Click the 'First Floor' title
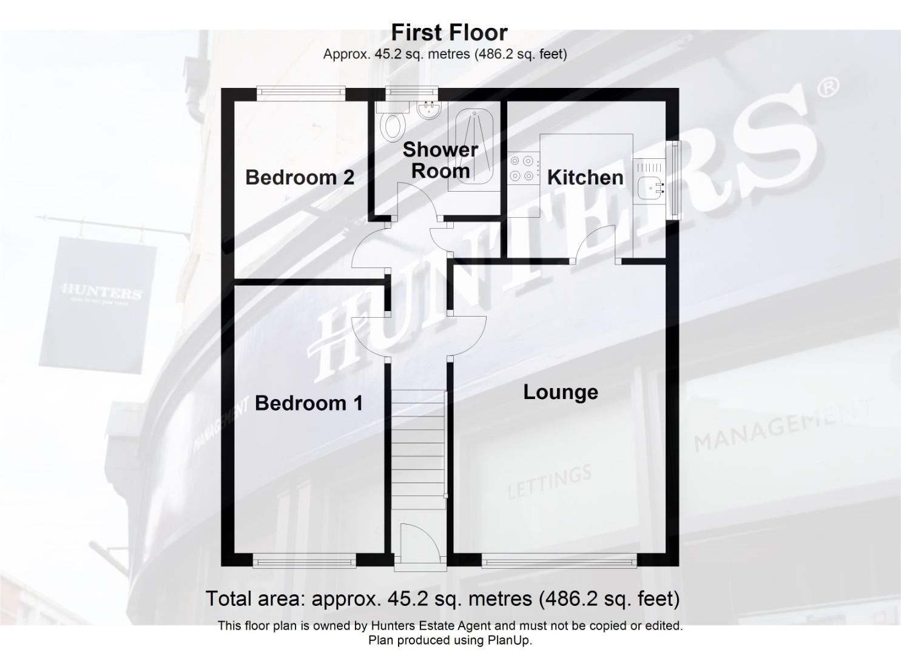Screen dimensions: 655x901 (449, 32)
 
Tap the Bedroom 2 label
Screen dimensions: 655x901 (300, 177)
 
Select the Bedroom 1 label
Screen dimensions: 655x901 (308, 403)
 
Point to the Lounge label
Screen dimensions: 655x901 (561, 392)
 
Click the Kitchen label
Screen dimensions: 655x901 (585, 177)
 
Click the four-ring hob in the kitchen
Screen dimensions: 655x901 (523, 169)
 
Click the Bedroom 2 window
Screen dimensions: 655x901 (300, 92)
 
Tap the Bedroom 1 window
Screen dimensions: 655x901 (304, 562)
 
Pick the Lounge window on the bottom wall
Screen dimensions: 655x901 (559, 562)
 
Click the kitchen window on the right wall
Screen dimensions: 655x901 (673, 180)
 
